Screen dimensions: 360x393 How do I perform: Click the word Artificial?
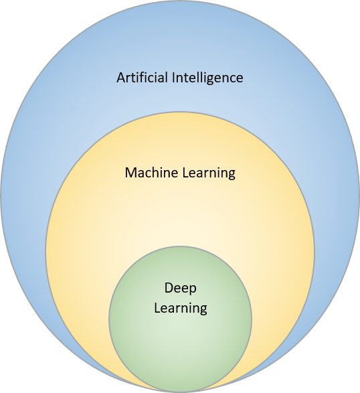[x=142, y=78]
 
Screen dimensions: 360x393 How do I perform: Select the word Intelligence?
[x=207, y=78]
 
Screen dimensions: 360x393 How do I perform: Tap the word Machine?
[x=152, y=173]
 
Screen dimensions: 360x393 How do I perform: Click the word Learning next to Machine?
[x=209, y=173]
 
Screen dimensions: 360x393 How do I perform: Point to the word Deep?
[x=181, y=289]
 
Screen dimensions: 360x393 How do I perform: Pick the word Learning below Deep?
[x=181, y=309]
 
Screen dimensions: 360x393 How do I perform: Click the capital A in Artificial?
[x=120, y=78]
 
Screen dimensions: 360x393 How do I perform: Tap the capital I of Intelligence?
[x=173, y=78]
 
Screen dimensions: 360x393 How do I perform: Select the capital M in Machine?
[x=130, y=173]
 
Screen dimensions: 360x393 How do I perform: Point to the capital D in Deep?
[x=169, y=288]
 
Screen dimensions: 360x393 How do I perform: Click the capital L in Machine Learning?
[x=185, y=173]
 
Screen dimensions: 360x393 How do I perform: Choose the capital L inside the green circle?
[x=157, y=308]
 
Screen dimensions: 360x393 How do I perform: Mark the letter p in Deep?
[x=193, y=291]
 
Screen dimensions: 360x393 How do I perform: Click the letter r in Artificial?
[x=128, y=79]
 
